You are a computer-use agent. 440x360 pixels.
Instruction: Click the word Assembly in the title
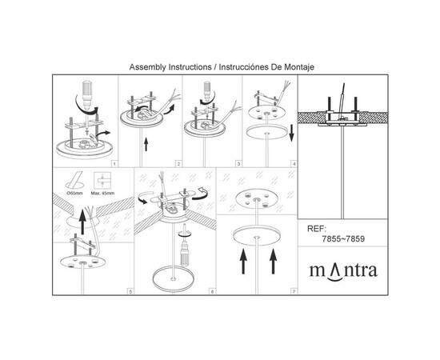[x=148, y=67]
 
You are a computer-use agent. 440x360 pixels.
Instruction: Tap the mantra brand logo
[x=343, y=272]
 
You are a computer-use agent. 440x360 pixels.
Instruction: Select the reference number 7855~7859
[x=343, y=239]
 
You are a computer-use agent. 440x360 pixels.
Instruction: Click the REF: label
[x=317, y=229]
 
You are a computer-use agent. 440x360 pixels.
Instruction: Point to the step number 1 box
[x=114, y=164]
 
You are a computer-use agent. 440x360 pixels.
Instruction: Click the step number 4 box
[x=294, y=164]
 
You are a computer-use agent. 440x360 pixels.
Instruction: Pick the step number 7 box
[x=294, y=292]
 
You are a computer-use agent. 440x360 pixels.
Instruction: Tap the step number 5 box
[x=130, y=292]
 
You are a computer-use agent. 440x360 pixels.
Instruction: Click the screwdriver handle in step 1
[x=86, y=90]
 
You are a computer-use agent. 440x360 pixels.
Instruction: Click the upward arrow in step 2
[x=146, y=144]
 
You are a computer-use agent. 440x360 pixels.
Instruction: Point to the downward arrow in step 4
[x=291, y=133]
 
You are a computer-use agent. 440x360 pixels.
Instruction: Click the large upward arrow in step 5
[x=82, y=222]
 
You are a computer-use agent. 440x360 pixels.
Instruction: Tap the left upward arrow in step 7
[x=243, y=262]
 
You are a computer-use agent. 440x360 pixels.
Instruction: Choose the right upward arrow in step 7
[x=273, y=262]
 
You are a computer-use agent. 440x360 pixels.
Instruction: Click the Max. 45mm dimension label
[x=102, y=194]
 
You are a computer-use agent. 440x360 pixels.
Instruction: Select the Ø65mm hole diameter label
[x=74, y=194]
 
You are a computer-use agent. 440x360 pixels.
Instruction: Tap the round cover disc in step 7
[x=257, y=236]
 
